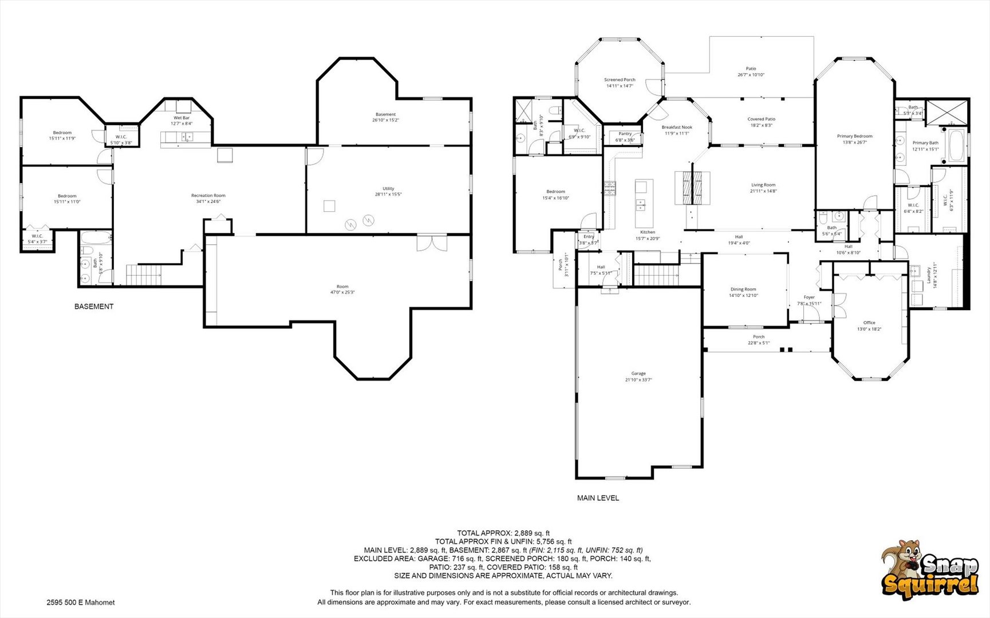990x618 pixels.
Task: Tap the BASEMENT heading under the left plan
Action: [x=94, y=307]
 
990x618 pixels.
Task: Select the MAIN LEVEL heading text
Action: [x=598, y=498]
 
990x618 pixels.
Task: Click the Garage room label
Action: [x=638, y=373]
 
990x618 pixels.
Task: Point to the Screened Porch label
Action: [x=620, y=80]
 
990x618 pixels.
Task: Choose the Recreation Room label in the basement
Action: [x=208, y=196]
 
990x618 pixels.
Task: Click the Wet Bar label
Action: [x=182, y=118]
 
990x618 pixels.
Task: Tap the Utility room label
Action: [x=388, y=189]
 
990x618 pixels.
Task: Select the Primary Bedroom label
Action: [x=854, y=136]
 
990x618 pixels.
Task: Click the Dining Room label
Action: [x=743, y=290]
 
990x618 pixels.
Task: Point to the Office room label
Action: [x=869, y=323]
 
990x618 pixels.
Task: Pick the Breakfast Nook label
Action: [x=677, y=128]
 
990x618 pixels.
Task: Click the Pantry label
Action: [x=625, y=134]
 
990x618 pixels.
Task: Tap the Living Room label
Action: [x=763, y=185]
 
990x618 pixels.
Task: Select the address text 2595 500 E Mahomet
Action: [x=81, y=603]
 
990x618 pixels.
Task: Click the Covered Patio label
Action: [x=761, y=119]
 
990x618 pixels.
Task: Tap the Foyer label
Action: [x=809, y=298]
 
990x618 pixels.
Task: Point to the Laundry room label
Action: [x=929, y=275]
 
